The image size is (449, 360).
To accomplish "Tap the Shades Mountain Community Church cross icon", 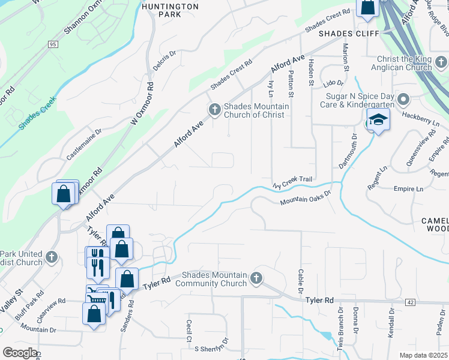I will click(256, 278).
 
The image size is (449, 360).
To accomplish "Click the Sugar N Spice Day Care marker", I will click(403, 99).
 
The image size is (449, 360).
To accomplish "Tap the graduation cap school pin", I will click(379, 119).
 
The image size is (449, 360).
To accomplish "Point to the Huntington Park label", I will click(170, 10).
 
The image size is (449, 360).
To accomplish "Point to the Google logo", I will click(19, 353).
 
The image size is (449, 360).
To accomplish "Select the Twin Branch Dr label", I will click(340, 329).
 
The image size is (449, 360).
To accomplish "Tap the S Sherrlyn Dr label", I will click(208, 348).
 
